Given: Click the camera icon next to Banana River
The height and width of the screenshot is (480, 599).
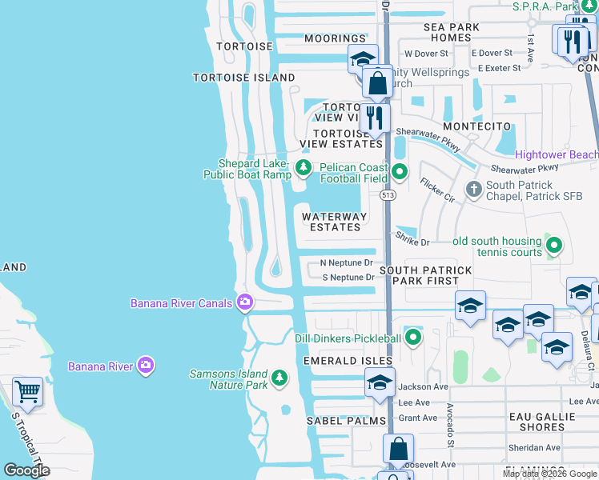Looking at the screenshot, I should tap(145, 366).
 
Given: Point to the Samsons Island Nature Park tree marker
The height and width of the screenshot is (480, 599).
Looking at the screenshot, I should tap(279, 377).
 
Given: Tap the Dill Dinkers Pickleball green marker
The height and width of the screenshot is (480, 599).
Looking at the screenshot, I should tap(413, 338).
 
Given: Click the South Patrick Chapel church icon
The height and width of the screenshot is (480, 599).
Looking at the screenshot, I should tap(473, 190).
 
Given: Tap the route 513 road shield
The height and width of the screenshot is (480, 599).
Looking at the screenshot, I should tap(388, 195).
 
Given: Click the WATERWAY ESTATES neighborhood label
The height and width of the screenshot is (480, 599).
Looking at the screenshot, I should tap(335, 222).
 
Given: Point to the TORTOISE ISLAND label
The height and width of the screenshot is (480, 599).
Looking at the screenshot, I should tap(244, 78).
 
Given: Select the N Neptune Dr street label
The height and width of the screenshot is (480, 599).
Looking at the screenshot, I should tap(347, 262).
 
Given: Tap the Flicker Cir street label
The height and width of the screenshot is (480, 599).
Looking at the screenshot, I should tap(437, 190).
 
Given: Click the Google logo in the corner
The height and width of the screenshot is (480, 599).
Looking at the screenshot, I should tap(26, 470).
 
